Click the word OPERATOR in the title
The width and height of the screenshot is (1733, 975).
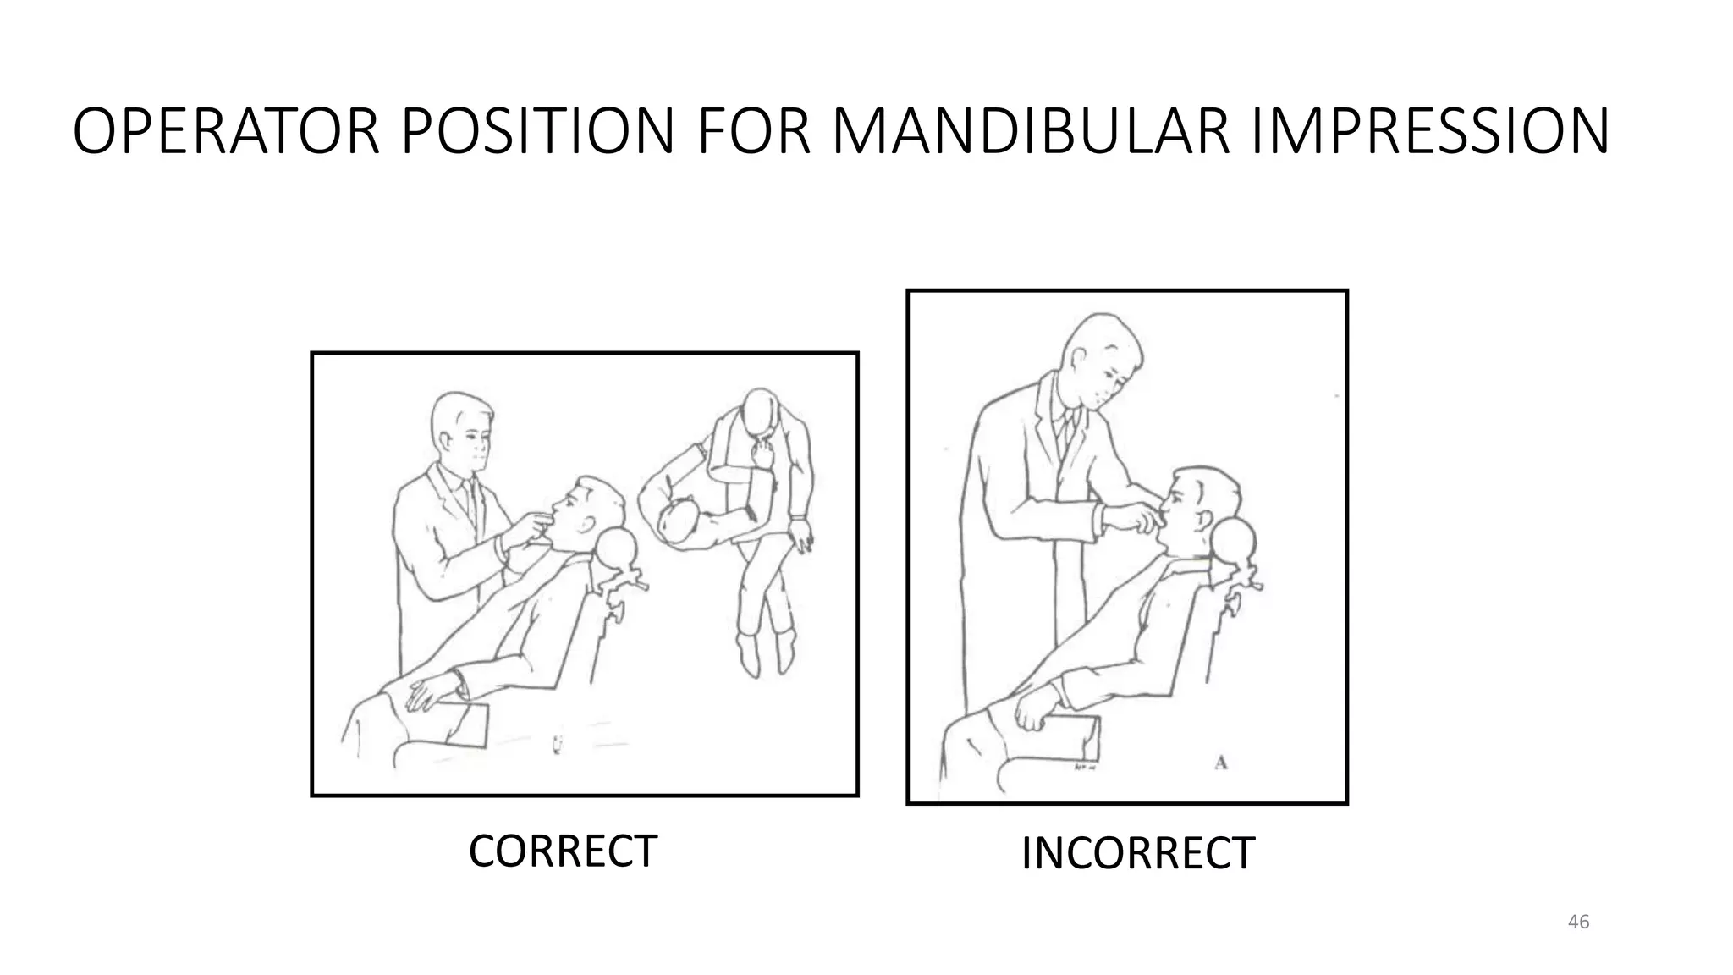tap(227, 133)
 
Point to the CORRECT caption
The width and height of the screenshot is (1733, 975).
tap(563, 851)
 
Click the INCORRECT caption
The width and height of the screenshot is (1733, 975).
tap(1137, 853)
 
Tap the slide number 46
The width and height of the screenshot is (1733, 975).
tap(1578, 922)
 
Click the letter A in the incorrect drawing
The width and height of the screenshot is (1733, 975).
tap(1220, 763)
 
